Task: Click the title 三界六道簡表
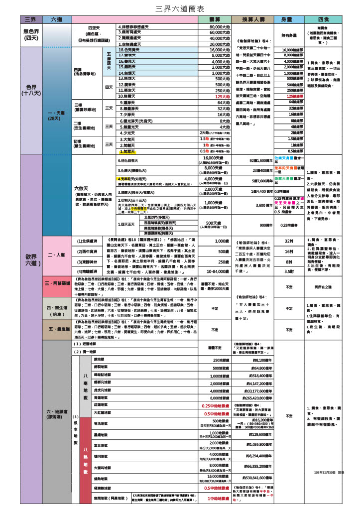click(180, 8)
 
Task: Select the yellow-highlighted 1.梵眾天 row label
click(127, 150)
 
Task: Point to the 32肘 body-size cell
click(288, 241)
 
